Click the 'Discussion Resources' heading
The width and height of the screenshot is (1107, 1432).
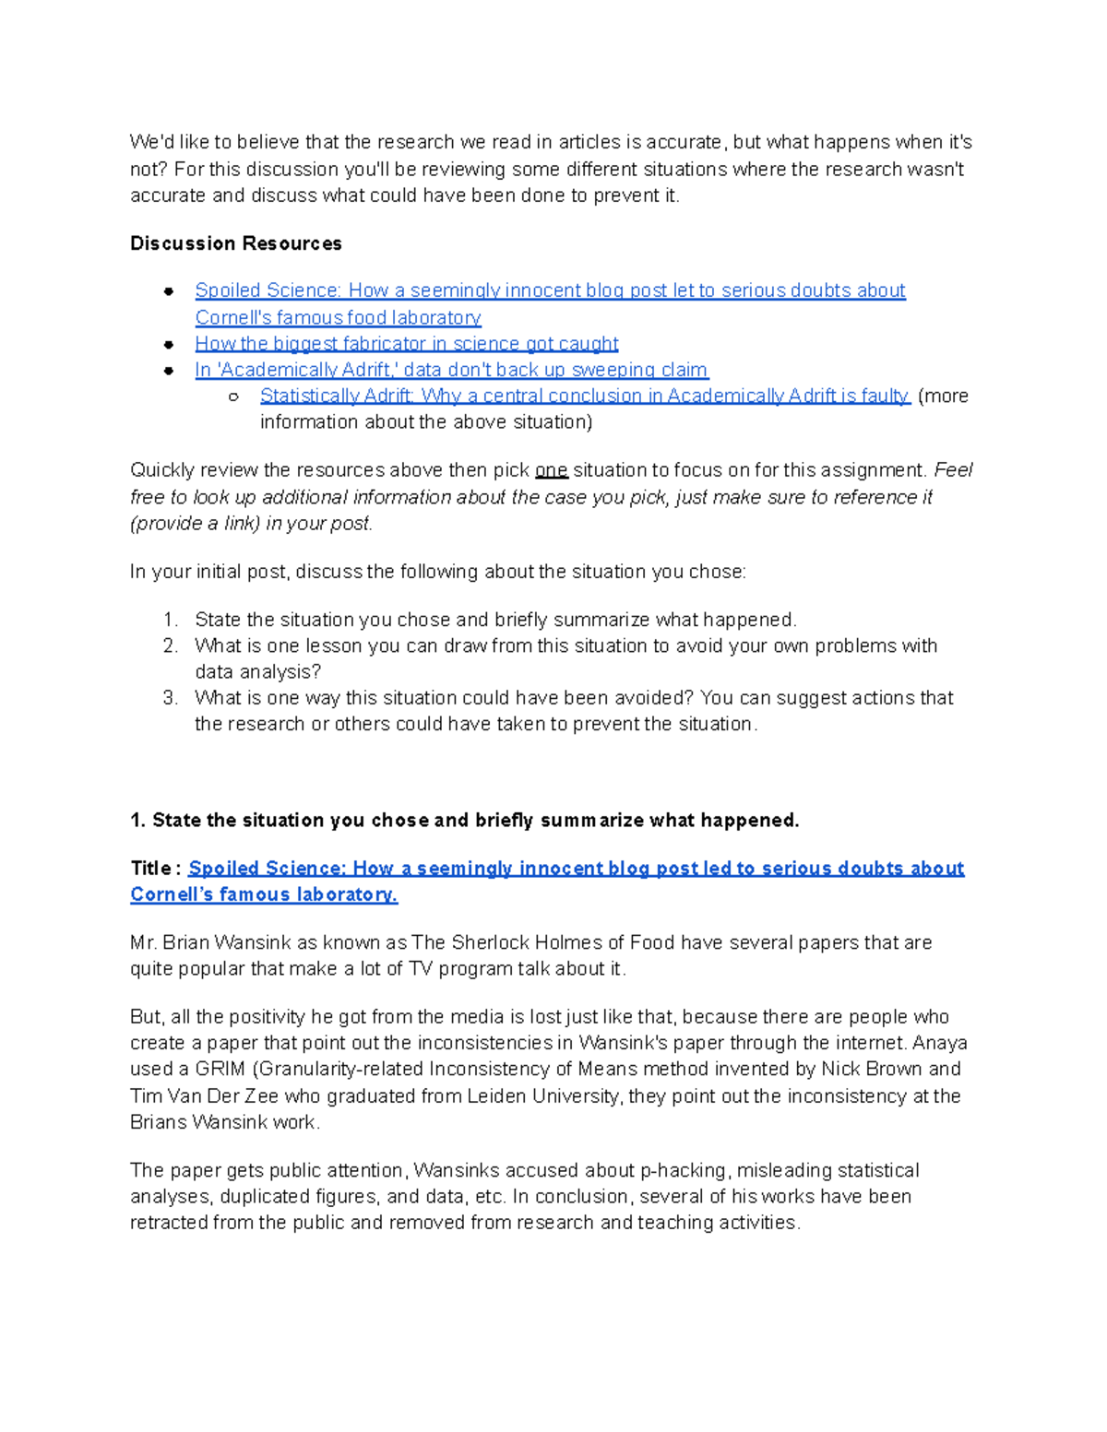click(235, 243)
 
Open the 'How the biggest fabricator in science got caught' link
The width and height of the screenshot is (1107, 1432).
click(406, 344)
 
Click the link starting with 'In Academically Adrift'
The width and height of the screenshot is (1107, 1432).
click(451, 370)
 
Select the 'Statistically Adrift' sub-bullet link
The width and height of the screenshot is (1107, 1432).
click(584, 396)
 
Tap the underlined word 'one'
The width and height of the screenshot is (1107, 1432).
click(551, 470)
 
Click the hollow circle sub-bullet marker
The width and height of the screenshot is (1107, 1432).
click(233, 396)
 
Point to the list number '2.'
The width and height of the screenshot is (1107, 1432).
click(170, 645)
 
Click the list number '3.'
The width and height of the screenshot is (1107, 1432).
click(170, 698)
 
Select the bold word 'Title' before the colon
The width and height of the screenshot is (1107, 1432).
click(150, 869)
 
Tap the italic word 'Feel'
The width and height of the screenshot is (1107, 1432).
click(953, 470)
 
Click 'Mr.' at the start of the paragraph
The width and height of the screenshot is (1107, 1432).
click(143, 942)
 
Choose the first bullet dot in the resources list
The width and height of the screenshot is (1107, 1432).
click(169, 291)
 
